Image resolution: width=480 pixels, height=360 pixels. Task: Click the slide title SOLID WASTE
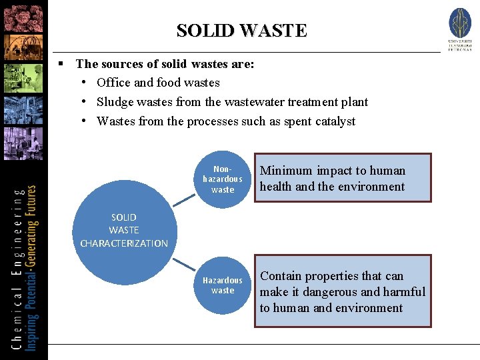pos(241,31)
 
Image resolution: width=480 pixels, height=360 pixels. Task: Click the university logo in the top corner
pos(460,29)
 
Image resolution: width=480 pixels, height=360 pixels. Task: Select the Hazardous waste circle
pos(223,285)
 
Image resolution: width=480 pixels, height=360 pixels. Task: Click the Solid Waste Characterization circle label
pos(124,230)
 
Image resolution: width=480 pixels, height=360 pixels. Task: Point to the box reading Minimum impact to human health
pos(342,179)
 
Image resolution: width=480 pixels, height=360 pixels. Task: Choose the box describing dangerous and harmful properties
pos(343,291)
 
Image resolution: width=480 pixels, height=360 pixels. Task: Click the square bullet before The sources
pos(60,64)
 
